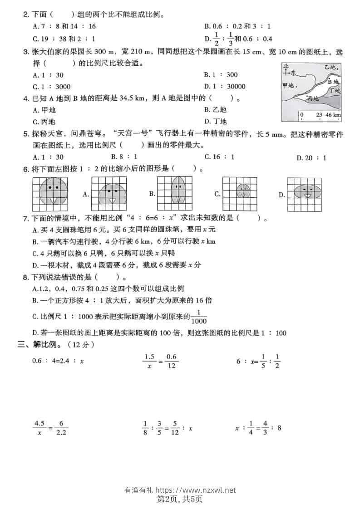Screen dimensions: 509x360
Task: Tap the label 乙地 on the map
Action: [330, 68]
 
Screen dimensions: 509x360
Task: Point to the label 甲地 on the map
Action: [289, 85]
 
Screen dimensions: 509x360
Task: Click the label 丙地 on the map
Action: [313, 98]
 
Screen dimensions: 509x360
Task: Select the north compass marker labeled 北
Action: [286, 67]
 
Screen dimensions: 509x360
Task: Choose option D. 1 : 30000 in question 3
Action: [225, 87]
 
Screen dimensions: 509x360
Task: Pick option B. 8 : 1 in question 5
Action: [119, 157]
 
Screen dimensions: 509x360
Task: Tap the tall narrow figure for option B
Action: [178, 194]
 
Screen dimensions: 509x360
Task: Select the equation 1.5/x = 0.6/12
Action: [160, 362]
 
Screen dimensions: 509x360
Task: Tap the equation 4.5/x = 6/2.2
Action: [50, 428]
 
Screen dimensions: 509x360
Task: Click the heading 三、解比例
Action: [56, 345]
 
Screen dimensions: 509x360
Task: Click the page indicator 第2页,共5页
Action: [179, 499]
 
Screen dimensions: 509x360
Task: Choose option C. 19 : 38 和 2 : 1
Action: [64, 39]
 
